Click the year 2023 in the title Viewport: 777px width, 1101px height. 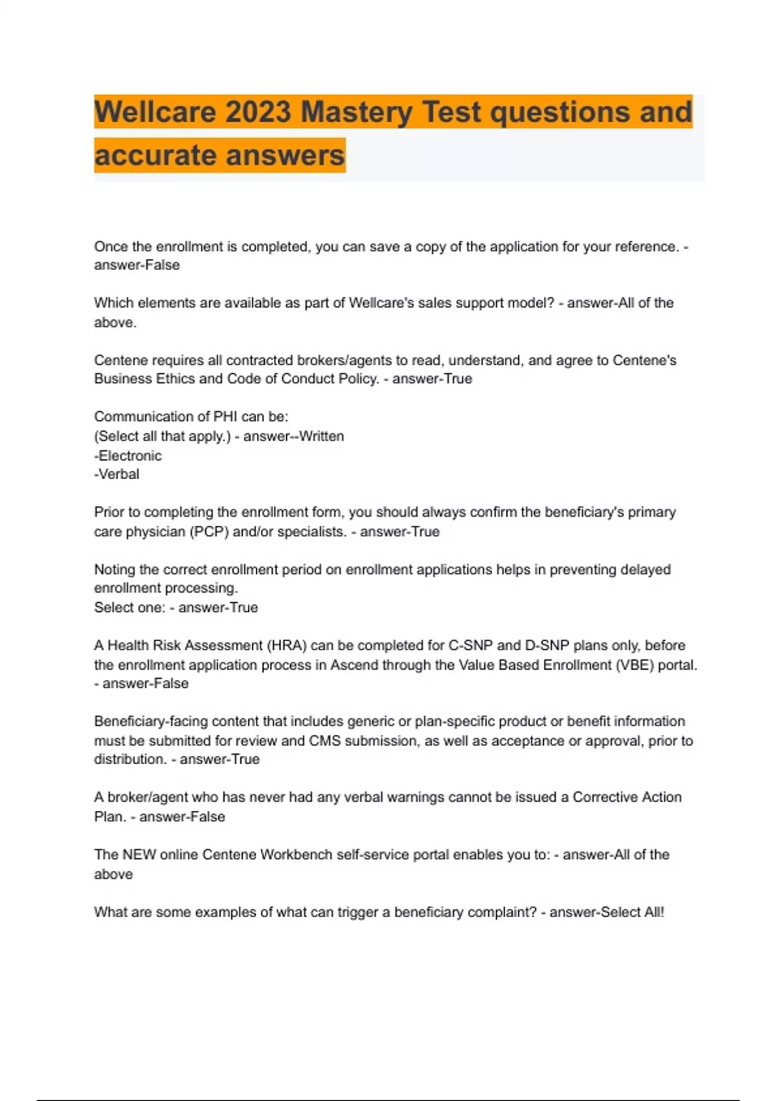258,112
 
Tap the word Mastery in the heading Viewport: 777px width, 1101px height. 357,112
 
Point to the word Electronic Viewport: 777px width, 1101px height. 129,455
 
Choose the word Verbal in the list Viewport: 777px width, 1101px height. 118,474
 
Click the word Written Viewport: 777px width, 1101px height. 321,436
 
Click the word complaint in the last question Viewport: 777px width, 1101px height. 502,912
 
